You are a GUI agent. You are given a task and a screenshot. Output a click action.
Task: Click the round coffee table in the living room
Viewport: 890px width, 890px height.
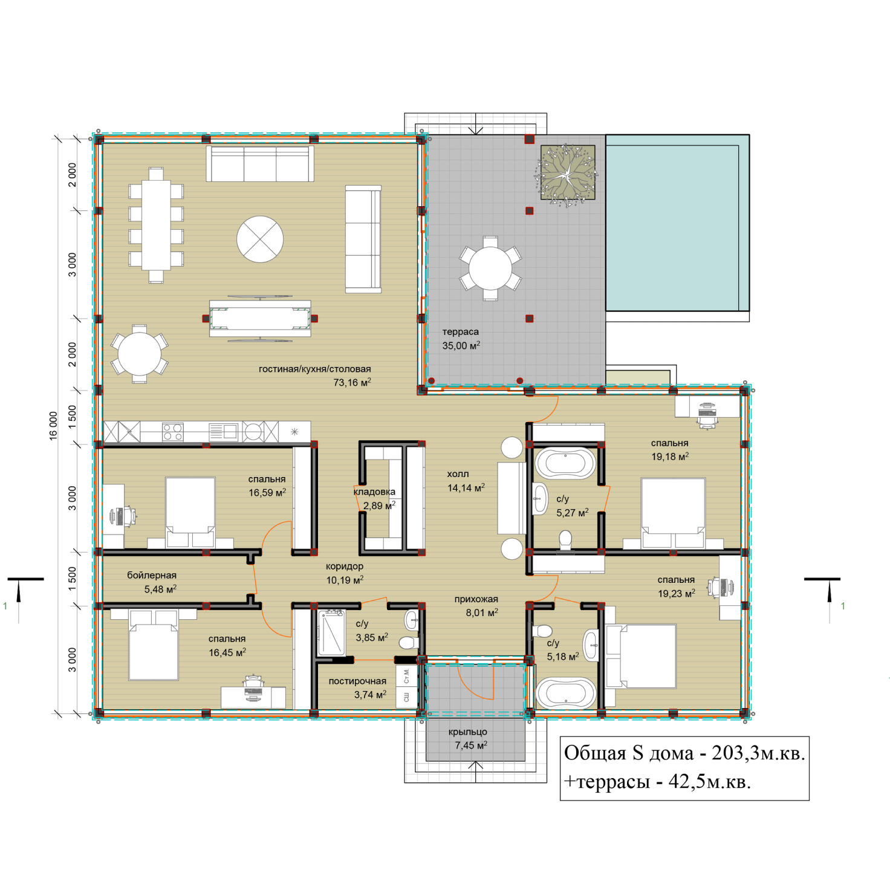pyautogui.click(x=260, y=239)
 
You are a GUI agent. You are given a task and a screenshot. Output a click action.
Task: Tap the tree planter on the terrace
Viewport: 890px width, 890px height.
pyautogui.click(x=568, y=172)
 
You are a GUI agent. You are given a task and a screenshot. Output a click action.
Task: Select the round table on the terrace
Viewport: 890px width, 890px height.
pyautogui.click(x=490, y=268)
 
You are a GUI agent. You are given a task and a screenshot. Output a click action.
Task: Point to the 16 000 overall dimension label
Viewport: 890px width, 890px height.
pyautogui.click(x=54, y=426)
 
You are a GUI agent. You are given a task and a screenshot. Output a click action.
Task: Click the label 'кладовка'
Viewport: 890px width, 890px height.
pyautogui.click(x=375, y=492)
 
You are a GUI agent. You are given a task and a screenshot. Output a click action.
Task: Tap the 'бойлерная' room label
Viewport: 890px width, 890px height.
pyautogui.click(x=152, y=575)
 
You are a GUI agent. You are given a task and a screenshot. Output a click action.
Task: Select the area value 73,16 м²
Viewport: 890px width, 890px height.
pyautogui.click(x=352, y=382)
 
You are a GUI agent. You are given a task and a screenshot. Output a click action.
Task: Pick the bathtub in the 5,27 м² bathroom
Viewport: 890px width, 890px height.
pyautogui.click(x=565, y=463)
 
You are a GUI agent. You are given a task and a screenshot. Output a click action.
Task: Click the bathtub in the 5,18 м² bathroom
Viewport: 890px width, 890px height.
pyautogui.click(x=567, y=693)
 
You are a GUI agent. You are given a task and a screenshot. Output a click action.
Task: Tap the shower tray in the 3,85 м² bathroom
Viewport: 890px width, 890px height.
pyautogui.click(x=331, y=633)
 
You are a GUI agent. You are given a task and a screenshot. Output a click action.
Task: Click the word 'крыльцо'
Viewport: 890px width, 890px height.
pyautogui.click(x=468, y=732)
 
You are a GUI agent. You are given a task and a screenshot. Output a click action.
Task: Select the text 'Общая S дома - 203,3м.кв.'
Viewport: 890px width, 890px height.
pyautogui.click(x=684, y=753)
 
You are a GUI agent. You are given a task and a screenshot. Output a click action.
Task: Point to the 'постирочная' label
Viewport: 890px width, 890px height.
pyautogui.click(x=357, y=681)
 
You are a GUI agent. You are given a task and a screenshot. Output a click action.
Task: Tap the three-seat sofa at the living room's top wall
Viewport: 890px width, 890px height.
pyautogui.click(x=260, y=163)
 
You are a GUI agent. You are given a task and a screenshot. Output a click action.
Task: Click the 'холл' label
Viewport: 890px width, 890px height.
pyautogui.click(x=458, y=474)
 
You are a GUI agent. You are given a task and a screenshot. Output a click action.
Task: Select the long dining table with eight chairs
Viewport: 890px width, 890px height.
pyautogui.click(x=156, y=225)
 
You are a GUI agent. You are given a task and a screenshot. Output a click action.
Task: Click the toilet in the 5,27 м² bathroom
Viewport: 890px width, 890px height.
pyautogui.click(x=565, y=541)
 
